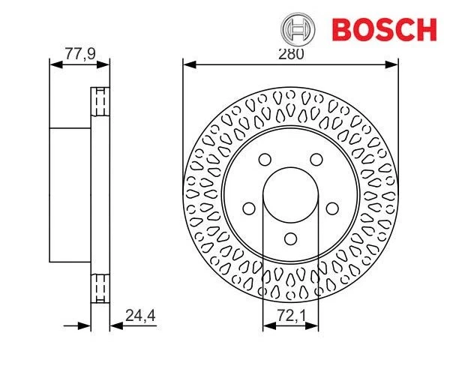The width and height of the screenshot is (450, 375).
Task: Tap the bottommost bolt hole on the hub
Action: (291, 239)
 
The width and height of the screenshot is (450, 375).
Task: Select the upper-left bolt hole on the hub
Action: (265, 159)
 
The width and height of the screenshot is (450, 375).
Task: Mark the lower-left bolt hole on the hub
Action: (248, 208)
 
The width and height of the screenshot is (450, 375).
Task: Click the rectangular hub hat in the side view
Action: (70, 195)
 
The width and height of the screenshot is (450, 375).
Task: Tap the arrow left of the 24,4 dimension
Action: (85, 326)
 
